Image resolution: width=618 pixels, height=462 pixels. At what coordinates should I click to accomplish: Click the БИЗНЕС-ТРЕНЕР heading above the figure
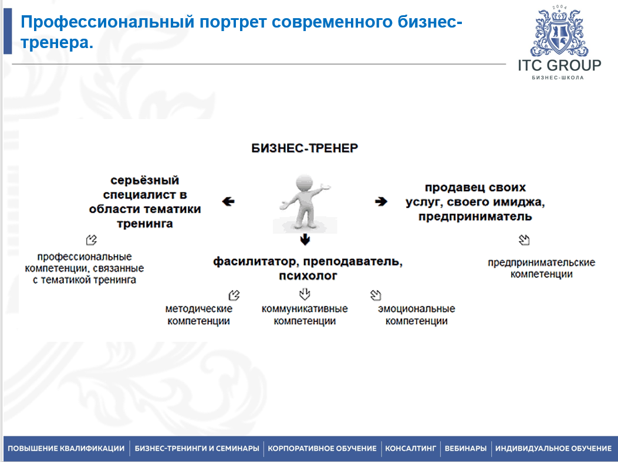305,148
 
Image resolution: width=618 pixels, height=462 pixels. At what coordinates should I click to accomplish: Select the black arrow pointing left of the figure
228,202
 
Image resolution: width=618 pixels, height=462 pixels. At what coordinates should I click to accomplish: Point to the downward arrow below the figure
304,239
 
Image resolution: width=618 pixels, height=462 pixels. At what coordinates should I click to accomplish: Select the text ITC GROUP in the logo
559,66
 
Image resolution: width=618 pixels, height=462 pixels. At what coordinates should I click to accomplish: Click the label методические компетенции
198,315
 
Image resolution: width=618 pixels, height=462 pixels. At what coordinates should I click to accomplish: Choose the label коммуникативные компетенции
305,315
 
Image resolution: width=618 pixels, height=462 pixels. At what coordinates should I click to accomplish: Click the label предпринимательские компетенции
541,268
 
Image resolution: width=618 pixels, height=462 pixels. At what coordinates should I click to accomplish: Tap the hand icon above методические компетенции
234,294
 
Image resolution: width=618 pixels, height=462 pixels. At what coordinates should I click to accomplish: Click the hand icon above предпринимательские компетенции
524,239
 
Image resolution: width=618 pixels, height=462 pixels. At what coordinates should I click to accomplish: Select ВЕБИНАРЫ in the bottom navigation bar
465,449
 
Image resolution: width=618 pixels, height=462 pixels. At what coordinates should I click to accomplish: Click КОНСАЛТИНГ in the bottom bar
411,449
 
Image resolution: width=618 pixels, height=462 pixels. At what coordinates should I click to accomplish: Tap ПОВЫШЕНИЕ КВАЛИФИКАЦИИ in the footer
66,449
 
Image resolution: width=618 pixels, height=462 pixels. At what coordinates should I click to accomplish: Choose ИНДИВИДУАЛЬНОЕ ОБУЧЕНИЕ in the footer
553,449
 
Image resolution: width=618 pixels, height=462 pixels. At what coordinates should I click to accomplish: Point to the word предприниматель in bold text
475,216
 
